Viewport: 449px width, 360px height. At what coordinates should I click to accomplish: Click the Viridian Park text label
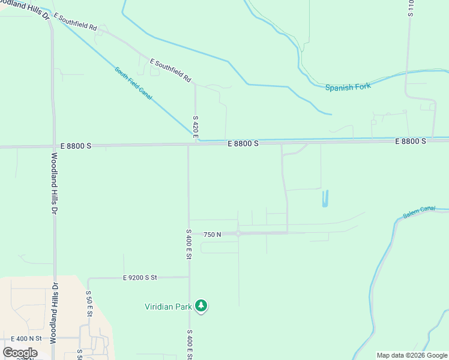click(168, 307)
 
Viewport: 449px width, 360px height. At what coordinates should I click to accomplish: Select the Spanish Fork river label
click(348, 87)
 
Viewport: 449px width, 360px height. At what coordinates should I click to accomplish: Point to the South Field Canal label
click(133, 83)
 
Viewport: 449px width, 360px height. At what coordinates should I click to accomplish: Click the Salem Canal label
click(419, 211)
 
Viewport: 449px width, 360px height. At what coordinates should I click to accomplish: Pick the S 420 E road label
click(196, 128)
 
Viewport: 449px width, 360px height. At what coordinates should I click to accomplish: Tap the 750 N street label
click(212, 235)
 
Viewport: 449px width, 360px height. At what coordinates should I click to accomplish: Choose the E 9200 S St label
click(140, 278)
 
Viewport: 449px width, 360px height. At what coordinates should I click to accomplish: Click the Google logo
click(20, 353)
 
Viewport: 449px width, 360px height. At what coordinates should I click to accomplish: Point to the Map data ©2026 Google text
click(412, 355)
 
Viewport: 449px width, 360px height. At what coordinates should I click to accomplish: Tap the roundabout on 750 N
click(238, 233)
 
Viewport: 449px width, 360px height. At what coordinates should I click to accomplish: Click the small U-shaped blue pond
click(325, 199)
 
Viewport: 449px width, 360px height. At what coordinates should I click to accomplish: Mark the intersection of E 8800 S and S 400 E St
click(188, 145)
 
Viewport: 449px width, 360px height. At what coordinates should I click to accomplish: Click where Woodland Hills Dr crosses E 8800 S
click(53, 146)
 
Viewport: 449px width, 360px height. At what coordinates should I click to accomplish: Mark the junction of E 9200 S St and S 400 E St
click(188, 277)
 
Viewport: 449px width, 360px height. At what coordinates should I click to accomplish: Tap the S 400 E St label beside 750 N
click(188, 244)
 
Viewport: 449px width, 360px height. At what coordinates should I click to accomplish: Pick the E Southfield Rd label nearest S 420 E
click(170, 70)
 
